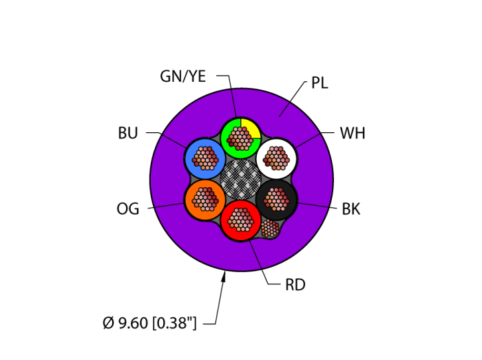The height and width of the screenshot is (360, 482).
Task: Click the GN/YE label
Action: click(182, 76)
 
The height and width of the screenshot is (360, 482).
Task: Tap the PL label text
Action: click(319, 83)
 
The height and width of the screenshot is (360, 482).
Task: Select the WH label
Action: click(352, 134)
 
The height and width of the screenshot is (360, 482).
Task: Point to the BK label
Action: click(351, 209)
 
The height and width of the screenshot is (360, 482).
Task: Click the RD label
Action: click(295, 285)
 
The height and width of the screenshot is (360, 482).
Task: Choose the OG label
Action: click(128, 209)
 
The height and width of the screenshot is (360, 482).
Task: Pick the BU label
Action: click(128, 134)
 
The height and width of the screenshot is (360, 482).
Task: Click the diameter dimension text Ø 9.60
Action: click(149, 323)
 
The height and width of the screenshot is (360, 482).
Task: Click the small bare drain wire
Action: click(270, 230)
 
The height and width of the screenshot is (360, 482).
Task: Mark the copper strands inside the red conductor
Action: click(241, 220)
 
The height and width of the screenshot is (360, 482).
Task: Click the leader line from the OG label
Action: click(165, 205)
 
